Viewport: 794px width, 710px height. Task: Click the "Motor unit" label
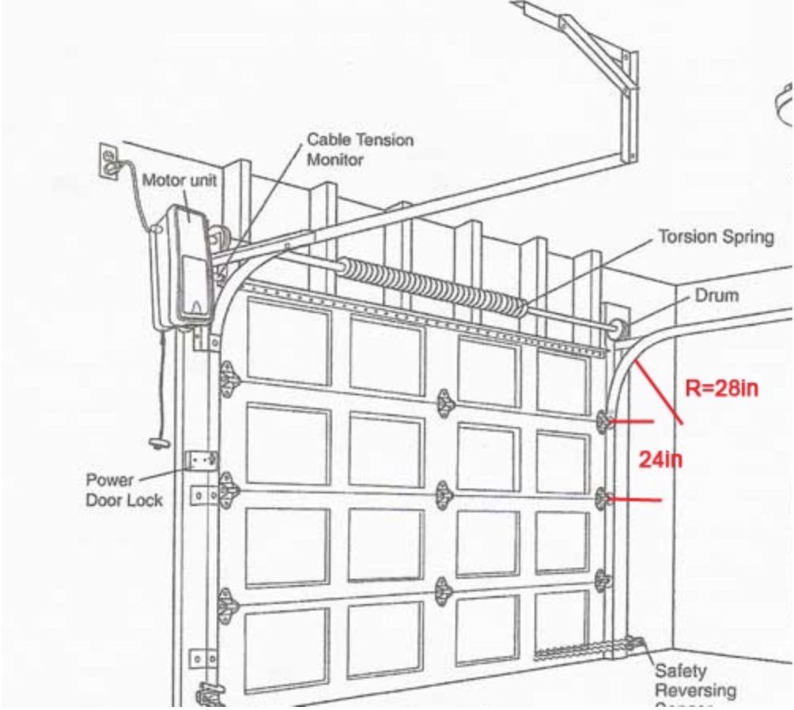coord(179,180)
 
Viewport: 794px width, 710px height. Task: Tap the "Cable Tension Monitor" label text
coord(359,149)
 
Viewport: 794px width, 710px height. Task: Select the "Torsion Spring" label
coord(716,237)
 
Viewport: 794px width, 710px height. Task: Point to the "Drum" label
coord(716,296)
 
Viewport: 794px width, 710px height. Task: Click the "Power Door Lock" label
coord(124,490)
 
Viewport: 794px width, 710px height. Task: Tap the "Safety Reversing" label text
coord(694,681)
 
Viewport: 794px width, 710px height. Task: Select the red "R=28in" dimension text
coord(721,388)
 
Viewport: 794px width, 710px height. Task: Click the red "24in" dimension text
coord(660,459)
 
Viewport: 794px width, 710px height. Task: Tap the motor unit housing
coord(183,265)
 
